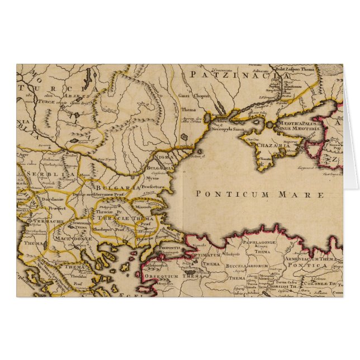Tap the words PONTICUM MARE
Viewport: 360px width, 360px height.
(260, 195)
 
